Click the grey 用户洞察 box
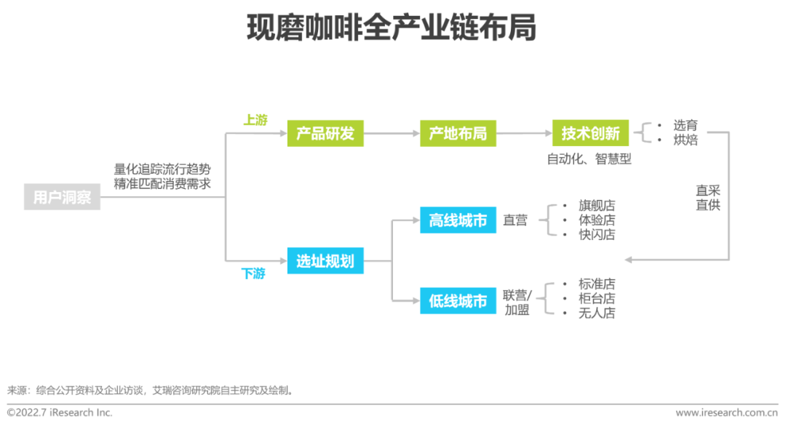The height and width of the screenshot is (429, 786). click(x=62, y=197)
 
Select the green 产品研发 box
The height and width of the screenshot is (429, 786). click(x=325, y=134)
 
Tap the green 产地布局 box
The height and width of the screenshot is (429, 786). click(x=458, y=134)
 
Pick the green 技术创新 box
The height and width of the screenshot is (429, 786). click(x=590, y=134)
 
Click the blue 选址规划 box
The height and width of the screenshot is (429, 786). click(x=325, y=261)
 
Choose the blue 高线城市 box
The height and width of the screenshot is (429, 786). click(x=458, y=220)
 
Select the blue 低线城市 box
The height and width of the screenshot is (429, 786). click(x=458, y=300)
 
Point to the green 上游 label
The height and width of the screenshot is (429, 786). click(x=255, y=120)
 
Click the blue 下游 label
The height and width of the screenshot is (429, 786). click(x=253, y=274)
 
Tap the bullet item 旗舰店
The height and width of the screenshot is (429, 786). click(x=597, y=206)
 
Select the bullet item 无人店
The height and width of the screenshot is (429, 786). click(x=597, y=313)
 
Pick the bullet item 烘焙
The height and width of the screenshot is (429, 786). click(x=686, y=140)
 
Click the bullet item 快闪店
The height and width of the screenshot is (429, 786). click(x=597, y=235)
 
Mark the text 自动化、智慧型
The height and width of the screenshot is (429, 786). click(x=589, y=159)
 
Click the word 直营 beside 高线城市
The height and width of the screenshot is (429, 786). click(x=515, y=220)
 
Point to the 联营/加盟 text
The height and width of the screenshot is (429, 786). click(x=517, y=302)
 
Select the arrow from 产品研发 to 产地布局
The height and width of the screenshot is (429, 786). click(x=391, y=134)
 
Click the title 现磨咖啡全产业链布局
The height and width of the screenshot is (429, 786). click(x=392, y=28)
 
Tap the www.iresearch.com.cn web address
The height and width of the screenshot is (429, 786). click(x=726, y=412)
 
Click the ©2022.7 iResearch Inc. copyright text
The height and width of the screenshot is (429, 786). click(x=60, y=412)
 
